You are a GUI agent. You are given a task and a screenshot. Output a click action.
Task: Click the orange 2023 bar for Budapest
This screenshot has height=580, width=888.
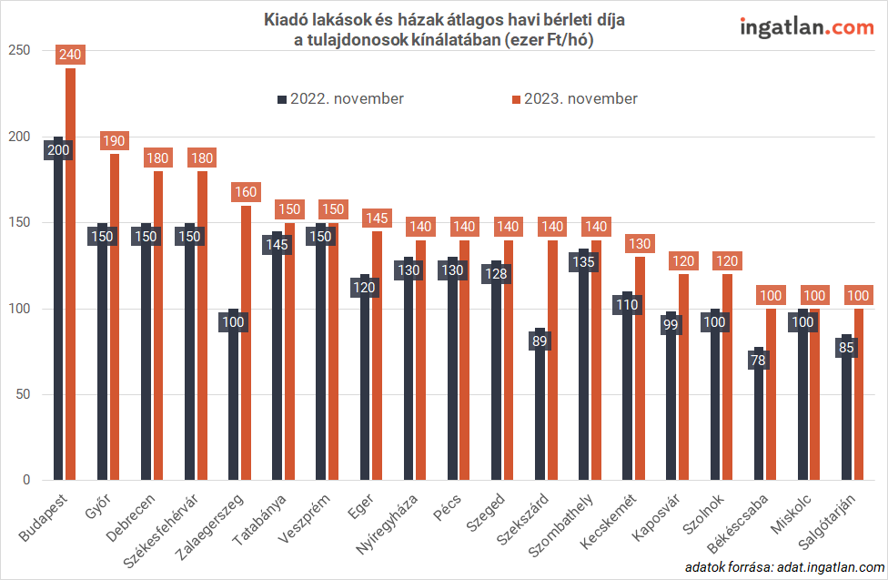[x=71, y=273]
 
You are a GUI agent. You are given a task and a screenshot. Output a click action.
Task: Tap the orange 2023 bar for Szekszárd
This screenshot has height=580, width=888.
[x=551, y=364]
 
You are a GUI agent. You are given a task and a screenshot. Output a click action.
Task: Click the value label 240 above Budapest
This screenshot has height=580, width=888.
[x=70, y=55]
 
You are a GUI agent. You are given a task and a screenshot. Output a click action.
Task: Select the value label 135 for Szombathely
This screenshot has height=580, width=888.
[x=584, y=262]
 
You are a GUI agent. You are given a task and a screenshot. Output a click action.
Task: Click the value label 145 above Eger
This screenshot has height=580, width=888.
[x=377, y=219]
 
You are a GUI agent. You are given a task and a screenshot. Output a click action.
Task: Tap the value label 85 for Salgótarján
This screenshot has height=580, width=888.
[x=846, y=348]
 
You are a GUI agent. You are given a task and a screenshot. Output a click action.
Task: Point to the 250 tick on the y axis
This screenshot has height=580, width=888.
[x=17, y=51]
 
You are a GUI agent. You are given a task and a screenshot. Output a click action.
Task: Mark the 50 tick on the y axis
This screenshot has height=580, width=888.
[x=21, y=394]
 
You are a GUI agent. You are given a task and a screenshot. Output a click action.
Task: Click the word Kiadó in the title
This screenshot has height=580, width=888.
[x=283, y=19]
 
